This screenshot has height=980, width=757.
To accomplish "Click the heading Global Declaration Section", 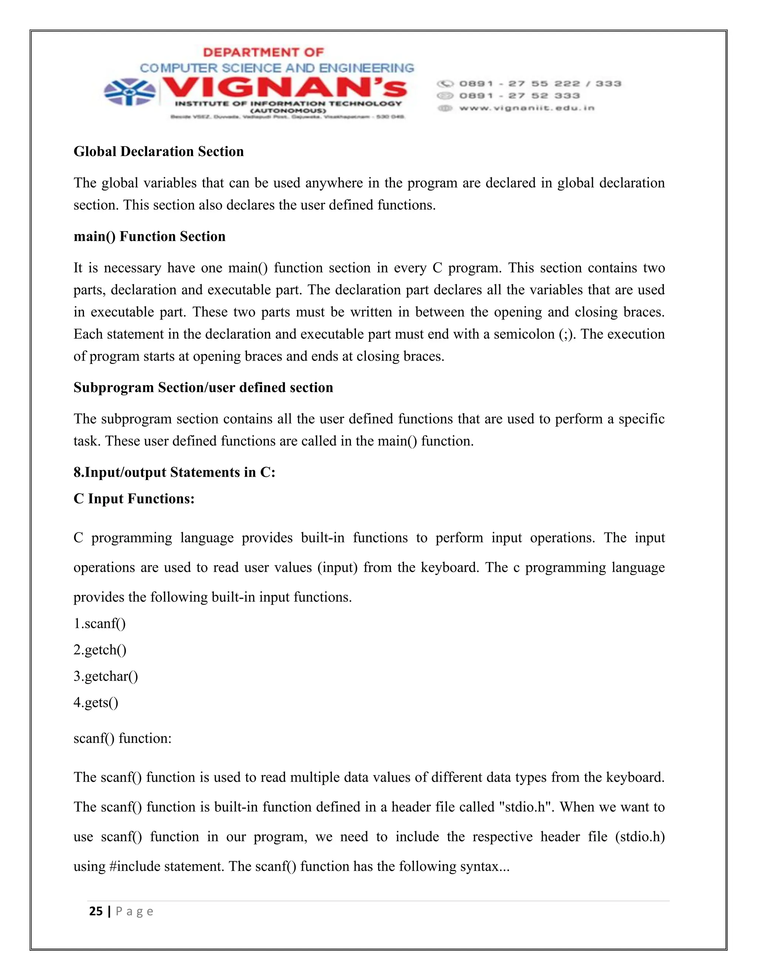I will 158,152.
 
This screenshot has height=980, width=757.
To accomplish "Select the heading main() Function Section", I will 149,236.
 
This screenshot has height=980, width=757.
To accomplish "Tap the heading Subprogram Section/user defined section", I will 203,388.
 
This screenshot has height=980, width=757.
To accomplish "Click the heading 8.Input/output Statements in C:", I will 174,473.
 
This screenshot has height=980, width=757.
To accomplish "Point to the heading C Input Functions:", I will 134,499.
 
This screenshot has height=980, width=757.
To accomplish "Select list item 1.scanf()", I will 99,624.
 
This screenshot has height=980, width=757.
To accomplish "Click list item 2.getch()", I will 100,650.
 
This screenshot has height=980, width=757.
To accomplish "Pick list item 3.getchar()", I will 106,677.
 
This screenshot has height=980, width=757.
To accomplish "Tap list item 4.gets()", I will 96,703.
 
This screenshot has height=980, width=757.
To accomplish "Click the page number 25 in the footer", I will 96,911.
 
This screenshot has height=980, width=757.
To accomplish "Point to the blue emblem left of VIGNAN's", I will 130,92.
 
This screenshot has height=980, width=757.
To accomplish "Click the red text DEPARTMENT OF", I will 263,53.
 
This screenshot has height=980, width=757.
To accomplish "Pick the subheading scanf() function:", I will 122,739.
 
